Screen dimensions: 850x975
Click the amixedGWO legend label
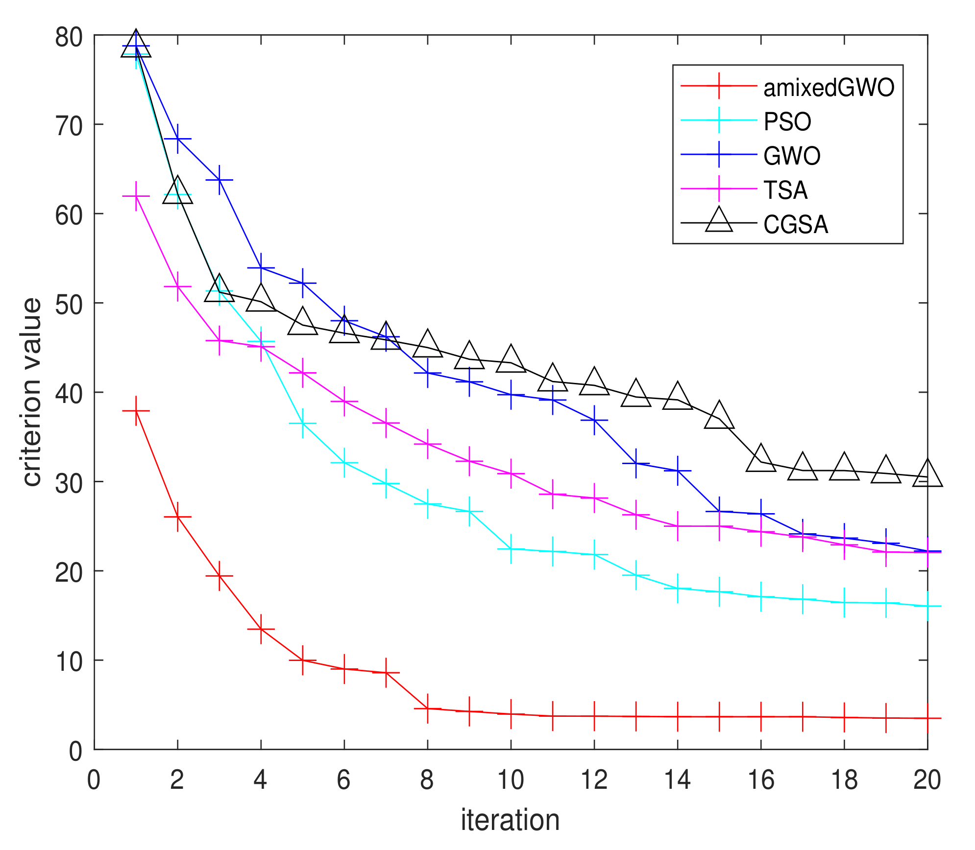point(829,88)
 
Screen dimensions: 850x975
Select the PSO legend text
point(787,121)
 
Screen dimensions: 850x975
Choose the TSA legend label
point(785,190)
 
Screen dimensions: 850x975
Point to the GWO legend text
point(792,156)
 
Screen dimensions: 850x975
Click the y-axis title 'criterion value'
point(32,392)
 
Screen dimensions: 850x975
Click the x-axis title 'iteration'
point(510,820)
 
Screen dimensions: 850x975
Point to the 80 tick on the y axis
point(69,37)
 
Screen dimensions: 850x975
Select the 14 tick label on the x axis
point(677,779)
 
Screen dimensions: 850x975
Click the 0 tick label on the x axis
point(94,779)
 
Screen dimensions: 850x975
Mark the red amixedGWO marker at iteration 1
point(136,411)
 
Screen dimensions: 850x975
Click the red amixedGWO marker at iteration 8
point(428,708)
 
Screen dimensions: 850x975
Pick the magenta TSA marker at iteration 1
point(136,196)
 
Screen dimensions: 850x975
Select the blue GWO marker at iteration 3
point(219,180)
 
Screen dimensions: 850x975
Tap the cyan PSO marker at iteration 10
point(511,549)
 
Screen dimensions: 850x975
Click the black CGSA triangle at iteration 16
point(761,459)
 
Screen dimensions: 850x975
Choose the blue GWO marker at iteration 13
point(636,463)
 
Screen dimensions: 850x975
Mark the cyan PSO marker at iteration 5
point(303,423)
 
